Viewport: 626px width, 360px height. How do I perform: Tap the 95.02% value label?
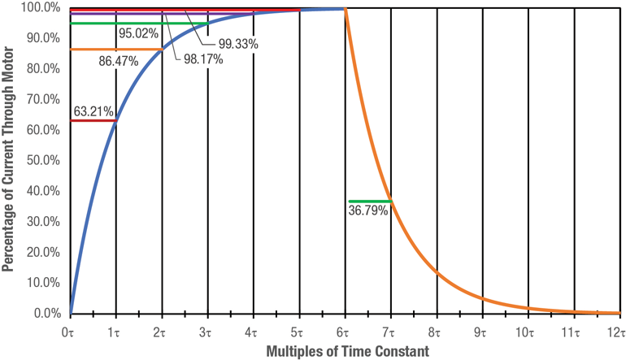coord(138,34)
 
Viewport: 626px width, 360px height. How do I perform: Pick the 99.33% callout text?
coord(238,44)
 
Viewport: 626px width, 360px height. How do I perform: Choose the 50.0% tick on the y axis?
coord(43,161)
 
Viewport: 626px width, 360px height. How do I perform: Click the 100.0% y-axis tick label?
coord(41,8)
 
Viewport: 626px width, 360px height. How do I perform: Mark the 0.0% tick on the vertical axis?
coord(46,314)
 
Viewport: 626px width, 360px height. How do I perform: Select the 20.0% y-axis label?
coord(43,253)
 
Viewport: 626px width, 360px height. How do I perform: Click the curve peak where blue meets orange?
coord(346,9)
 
